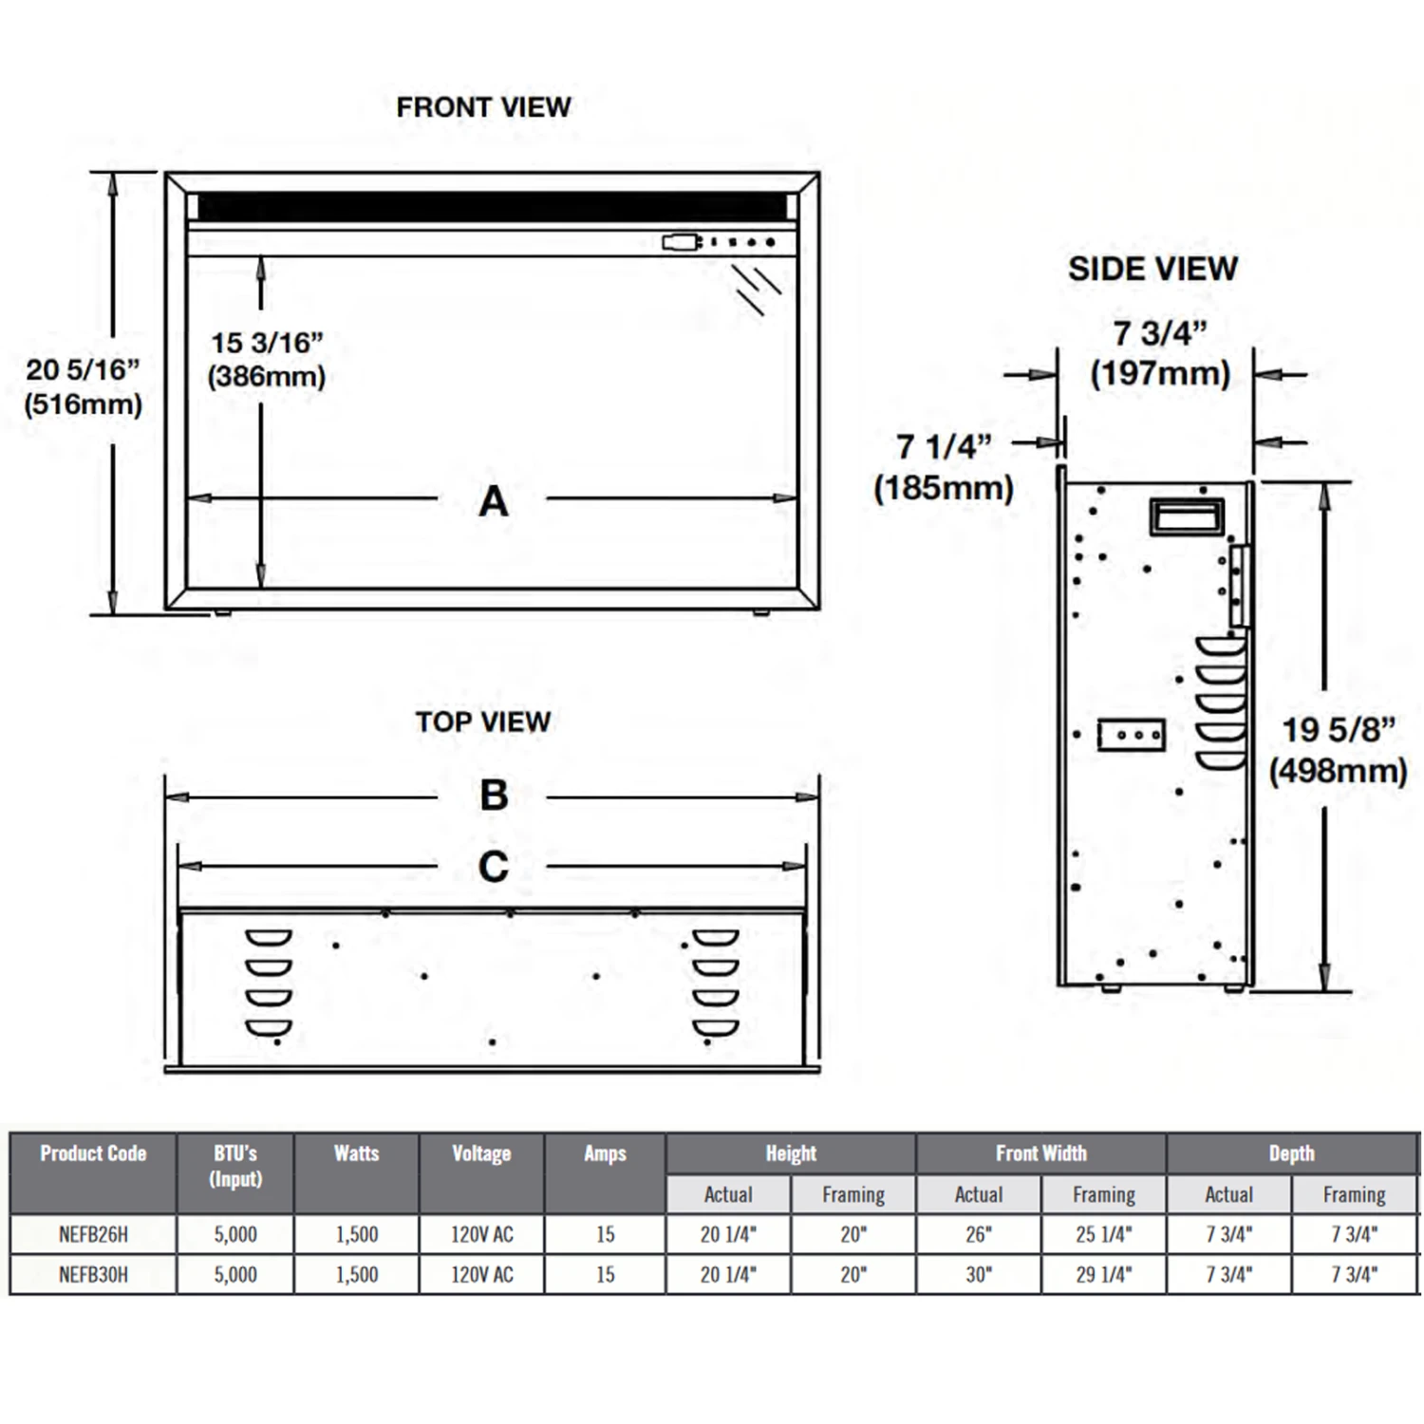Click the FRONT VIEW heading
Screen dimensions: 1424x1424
click(483, 107)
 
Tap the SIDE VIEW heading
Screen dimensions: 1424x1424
click(1152, 269)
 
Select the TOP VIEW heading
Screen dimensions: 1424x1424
click(482, 721)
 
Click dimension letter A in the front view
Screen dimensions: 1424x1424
click(493, 501)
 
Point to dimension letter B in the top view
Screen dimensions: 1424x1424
click(493, 796)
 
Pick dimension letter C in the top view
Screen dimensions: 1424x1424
click(493, 867)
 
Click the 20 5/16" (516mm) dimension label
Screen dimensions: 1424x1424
click(84, 386)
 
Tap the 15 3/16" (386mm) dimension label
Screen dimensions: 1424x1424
click(267, 360)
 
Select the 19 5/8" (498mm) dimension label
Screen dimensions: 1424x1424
click(1338, 750)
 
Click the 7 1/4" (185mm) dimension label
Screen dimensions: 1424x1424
click(944, 467)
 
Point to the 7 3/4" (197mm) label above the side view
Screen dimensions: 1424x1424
click(1160, 353)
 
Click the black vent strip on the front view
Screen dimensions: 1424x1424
click(492, 206)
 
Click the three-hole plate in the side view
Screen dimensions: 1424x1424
click(1131, 735)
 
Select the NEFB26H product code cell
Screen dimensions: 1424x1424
click(93, 1234)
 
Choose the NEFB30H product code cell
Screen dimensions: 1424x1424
click(93, 1274)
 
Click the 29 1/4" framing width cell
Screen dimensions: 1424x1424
click(1103, 1274)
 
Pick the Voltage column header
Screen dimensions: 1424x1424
click(481, 1153)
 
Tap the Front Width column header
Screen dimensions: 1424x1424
click(1040, 1153)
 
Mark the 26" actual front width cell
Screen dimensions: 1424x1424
click(978, 1234)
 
